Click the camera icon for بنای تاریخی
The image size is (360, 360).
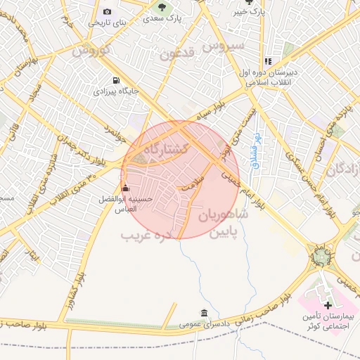107,11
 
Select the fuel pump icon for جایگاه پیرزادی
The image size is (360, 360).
116,81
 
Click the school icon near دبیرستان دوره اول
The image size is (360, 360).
268,62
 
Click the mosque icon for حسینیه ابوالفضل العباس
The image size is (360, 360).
125,188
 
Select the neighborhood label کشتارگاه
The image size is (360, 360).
166,149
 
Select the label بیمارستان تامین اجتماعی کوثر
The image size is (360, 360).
328,323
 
